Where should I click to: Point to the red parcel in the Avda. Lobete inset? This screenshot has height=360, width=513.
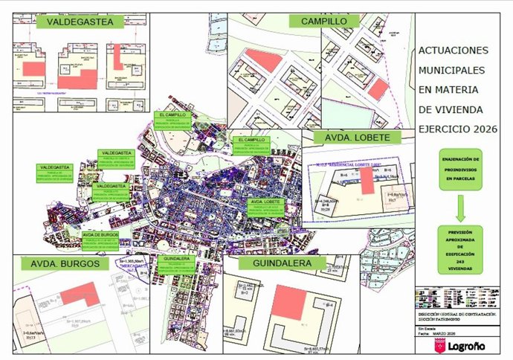click(367, 180)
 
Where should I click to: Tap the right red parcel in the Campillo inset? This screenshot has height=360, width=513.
click(378, 89)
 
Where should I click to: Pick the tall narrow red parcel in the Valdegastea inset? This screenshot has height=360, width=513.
click(118, 57)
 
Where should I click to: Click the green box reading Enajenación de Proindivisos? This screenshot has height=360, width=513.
click(460, 170)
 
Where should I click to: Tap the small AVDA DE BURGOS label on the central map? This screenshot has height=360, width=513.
click(101, 233)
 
